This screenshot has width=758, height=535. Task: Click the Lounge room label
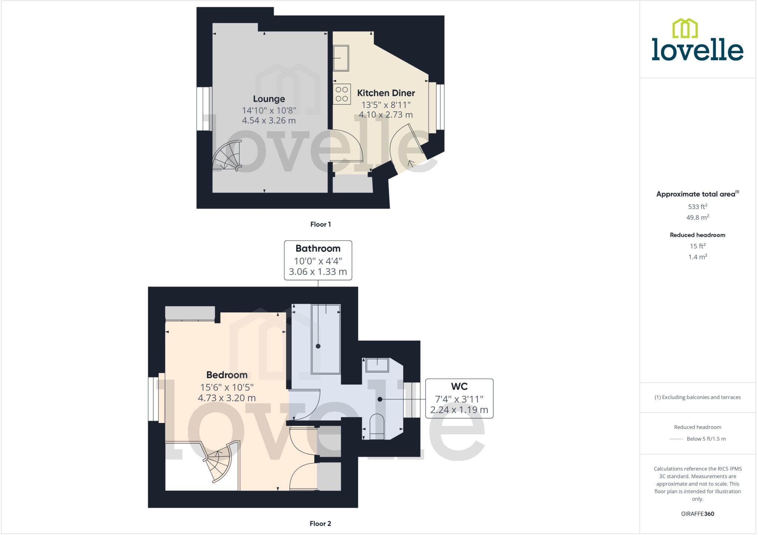click(x=269, y=99)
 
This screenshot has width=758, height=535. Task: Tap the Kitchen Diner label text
click(x=386, y=93)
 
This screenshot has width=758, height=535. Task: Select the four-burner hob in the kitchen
click(x=342, y=94)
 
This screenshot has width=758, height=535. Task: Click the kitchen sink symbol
click(x=341, y=58)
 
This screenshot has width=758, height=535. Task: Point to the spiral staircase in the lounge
click(x=227, y=157)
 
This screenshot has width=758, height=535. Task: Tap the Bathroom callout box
click(x=318, y=260)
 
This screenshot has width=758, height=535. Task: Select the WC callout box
click(x=459, y=398)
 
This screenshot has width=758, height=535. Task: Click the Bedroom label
click(x=227, y=375)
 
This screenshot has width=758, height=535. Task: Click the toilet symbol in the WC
click(x=377, y=427)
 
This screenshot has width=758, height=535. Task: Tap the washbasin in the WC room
click(x=377, y=365)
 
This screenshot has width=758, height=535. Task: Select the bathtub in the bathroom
click(x=326, y=339)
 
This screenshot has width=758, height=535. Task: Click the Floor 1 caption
click(x=320, y=224)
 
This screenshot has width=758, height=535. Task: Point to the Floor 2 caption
click(x=320, y=523)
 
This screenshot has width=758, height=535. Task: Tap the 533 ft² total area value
click(x=697, y=207)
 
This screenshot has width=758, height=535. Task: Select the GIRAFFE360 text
click(x=697, y=514)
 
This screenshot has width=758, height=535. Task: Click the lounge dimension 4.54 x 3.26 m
click(x=269, y=120)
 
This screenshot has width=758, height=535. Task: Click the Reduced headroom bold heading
click(x=697, y=235)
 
